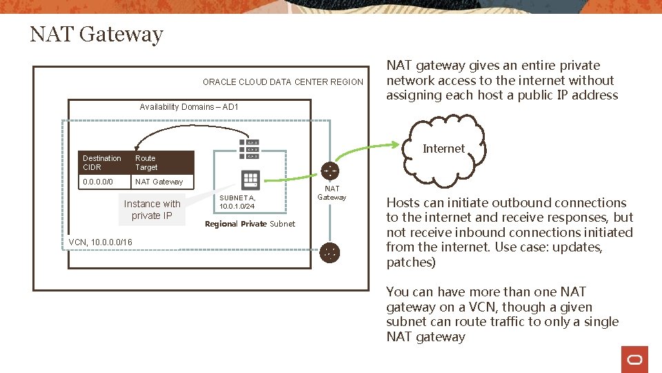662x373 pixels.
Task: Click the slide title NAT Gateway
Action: click(x=97, y=34)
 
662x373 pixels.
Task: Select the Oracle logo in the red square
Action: click(x=634, y=359)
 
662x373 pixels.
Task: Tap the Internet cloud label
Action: click(x=443, y=149)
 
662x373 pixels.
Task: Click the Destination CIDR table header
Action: click(x=102, y=162)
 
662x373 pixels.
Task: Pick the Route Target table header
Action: click(x=146, y=162)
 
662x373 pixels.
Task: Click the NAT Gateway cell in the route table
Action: click(x=159, y=182)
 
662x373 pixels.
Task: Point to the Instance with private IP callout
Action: click(x=152, y=209)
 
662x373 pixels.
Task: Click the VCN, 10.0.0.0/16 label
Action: click(x=101, y=242)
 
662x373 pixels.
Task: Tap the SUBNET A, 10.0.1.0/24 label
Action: click(x=237, y=202)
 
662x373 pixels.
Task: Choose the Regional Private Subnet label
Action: click(x=250, y=224)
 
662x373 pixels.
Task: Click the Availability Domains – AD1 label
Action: click(x=188, y=106)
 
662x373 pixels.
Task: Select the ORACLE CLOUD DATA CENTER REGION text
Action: click(x=283, y=82)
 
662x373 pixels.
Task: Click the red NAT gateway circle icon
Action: click(x=330, y=171)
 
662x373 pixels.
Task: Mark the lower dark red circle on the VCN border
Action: click(x=330, y=253)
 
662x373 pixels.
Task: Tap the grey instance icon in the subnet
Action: click(x=250, y=180)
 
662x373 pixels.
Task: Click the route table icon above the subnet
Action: click(x=250, y=149)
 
